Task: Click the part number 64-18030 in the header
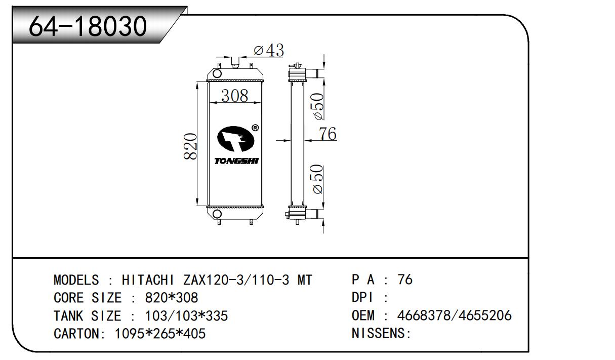88,26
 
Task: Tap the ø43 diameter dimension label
269,50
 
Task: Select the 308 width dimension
235,96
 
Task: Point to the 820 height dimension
190,146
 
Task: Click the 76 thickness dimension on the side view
327,134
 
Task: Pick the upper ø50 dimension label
318,106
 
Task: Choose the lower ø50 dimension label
317,179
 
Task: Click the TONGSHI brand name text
236,161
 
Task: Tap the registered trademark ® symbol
255,128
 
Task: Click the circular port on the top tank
217,73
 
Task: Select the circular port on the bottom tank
217,214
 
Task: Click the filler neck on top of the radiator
235,63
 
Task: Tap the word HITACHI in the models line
148,280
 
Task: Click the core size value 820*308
172,298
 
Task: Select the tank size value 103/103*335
186,316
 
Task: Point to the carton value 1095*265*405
160,334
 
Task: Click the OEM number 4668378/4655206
454,315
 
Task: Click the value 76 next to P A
405,279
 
